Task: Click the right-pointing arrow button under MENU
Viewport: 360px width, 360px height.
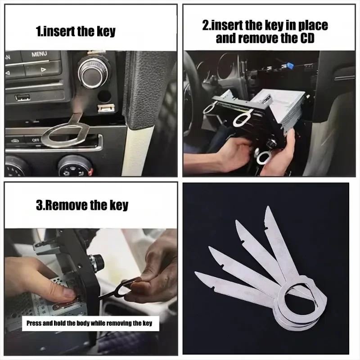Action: coord(43,70)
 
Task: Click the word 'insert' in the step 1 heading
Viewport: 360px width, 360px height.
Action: coord(58,31)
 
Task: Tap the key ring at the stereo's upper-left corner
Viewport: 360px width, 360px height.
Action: coord(210,108)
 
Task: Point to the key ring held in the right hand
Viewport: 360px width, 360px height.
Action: coord(263,156)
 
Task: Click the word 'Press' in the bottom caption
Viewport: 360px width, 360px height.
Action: coord(34,323)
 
